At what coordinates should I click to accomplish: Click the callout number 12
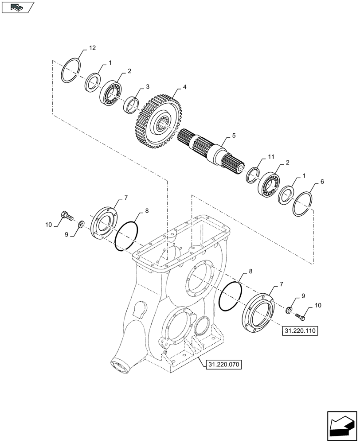[92, 47]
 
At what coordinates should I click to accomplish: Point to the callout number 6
[322, 182]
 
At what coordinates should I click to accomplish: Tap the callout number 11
[271, 157]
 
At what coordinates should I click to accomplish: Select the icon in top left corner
[17, 7]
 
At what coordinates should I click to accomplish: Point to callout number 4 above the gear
[184, 87]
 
